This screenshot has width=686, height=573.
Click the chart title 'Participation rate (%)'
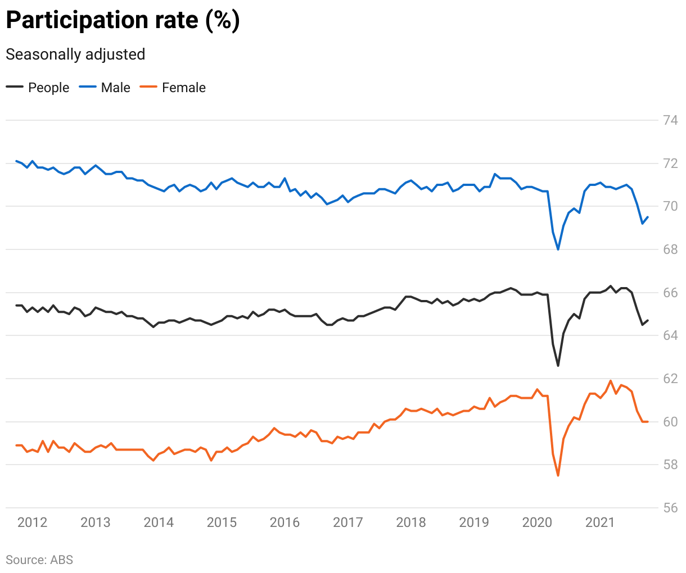[x=123, y=20]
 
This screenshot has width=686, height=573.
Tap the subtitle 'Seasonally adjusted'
[x=75, y=54]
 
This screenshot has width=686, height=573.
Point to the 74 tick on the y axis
[x=670, y=120]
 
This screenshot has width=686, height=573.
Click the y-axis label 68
[x=670, y=249]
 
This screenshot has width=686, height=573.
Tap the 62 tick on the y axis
[x=670, y=379]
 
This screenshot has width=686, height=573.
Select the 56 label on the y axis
[x=670, y=508]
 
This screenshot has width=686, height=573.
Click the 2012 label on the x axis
[x=32, y=522]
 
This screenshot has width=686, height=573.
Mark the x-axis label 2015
[x=222, y=522]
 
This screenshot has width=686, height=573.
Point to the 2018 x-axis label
[x=411, y=522]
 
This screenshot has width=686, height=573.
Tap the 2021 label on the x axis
[x=600, y=522]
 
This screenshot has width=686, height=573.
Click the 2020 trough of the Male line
[x=558, y=249]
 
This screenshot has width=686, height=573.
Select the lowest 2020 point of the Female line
[x=558, y=476]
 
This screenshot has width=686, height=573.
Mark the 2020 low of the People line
[x=558, y=366]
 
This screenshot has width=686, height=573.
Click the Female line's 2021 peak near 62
[x=611, y=380]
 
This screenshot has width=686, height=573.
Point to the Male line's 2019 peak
[x=495, y=174]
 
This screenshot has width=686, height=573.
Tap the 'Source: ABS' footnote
[x=39, y=560]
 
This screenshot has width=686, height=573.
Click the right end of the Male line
[x=648, y=217]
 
